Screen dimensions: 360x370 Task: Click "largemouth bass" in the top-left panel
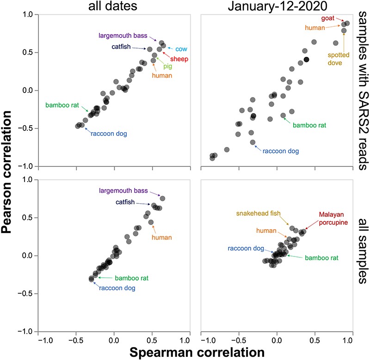click(x=121, y=35)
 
